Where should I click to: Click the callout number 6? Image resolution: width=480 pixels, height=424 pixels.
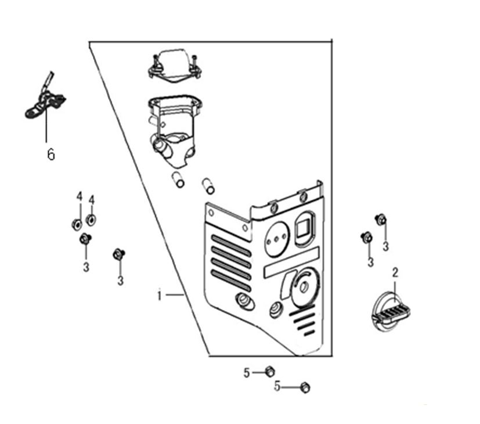tap(51, 154)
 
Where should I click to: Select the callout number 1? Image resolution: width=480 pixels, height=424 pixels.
tap(159, 295)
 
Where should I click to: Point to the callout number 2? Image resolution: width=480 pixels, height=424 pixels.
tap(395, 272)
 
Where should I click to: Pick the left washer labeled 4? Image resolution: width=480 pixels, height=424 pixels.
tap(77, 224)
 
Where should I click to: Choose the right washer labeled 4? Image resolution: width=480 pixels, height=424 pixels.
tap(91, 220)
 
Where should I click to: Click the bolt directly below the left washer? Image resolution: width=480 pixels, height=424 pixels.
tap(85, 238)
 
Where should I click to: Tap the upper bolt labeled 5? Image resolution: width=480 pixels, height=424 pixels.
tap(269, 371)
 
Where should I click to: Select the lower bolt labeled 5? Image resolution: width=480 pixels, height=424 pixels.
tap(305, 387)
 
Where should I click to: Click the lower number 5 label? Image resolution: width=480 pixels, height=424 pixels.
tap(277, 386)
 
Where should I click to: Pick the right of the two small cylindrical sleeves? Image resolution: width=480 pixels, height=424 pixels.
tap(208, 186)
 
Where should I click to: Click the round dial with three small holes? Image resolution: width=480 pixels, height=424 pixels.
tap(277, 238)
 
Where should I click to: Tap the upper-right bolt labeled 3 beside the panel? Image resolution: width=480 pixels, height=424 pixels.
tap(381, 220)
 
